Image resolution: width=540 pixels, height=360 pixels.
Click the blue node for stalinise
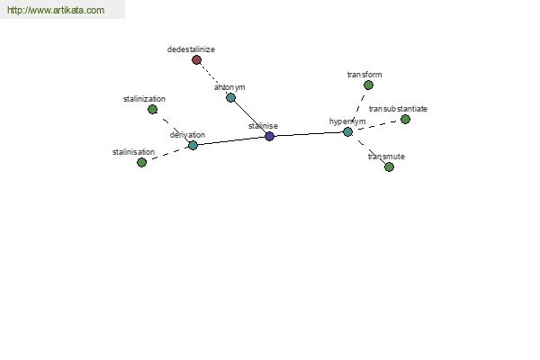(270, 137)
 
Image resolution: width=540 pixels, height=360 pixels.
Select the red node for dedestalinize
(196, 60)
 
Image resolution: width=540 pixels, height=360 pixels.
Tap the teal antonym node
(230, 98)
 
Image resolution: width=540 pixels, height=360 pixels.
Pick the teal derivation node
(193, 145)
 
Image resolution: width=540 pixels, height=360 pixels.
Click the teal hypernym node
(347, 132)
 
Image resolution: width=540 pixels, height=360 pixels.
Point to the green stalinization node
(153, 110)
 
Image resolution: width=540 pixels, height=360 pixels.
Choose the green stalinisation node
(141, 162)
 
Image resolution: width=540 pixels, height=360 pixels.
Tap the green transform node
(368, 85)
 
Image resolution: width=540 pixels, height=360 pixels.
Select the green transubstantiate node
(405, 119)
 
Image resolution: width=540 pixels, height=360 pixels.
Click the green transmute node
(389, 166)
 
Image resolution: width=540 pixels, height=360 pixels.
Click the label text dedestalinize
(191, 49)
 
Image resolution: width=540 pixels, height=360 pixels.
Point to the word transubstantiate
(398, 109)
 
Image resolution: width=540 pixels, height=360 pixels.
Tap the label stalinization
(144, 99)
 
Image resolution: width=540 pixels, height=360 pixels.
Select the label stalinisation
(133, 152)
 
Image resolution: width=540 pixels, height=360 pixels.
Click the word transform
(364, 75)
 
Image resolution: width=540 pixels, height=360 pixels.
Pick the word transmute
(386, 157)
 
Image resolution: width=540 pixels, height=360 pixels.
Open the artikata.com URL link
(56, 10)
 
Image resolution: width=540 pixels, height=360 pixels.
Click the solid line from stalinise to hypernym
(309, 134)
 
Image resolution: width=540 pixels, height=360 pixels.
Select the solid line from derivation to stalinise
(231, 140)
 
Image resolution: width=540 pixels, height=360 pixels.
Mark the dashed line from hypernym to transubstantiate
(377, 125)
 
